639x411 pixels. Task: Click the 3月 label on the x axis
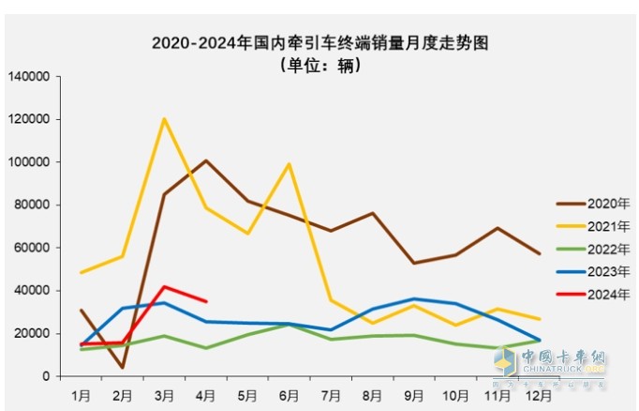pos(164,395)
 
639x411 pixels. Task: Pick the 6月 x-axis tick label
pos(289,395)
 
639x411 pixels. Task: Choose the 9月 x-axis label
pos(413,395)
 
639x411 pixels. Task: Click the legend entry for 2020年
pos(597,204)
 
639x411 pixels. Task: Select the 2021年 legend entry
pos(597,226)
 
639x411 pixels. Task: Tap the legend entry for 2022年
pos(597,249)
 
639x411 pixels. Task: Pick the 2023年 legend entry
pos(597,271)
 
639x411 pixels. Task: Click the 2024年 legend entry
pos(597,294)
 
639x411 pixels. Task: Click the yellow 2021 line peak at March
pos(164,119)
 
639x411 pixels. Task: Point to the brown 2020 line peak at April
pos(206,160)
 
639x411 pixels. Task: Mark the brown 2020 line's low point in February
pos(123,367)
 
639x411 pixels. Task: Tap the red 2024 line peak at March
pos(164,287)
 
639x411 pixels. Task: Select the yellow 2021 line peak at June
pos(289,164)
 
